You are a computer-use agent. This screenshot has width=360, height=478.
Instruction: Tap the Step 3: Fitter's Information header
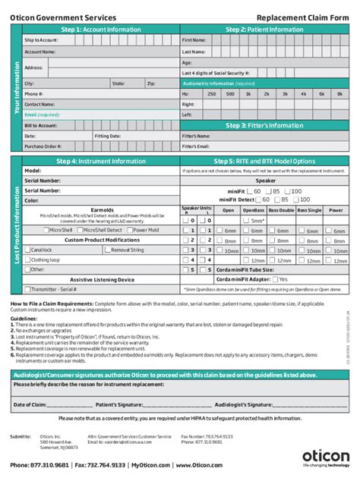coord(265,125)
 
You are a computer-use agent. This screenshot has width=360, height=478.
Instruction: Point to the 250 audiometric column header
coord(210,93)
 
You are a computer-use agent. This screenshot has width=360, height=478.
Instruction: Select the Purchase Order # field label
coord(43,146)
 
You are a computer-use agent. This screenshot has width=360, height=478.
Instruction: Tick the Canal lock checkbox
coord(27,249)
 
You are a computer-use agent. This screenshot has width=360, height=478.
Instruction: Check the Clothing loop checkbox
coord(27,259)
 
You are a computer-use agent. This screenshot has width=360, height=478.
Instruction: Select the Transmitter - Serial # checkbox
coord(27,288)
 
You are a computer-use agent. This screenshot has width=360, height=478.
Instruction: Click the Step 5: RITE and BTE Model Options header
coord(265,161)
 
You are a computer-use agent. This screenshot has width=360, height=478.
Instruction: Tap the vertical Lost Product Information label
coord(16,225)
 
